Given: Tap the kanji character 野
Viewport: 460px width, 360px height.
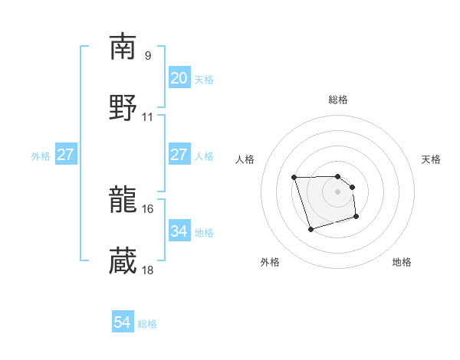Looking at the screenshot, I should click(x=123, y=107).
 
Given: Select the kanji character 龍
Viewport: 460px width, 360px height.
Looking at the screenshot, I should click(x=123, y=200).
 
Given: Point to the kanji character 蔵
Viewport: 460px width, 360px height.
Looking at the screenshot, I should click(x=123, y=261).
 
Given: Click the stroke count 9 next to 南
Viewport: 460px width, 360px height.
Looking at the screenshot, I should click(x=148, y=55).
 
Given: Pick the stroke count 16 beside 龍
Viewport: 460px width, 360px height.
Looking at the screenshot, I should click(x=148, y=208).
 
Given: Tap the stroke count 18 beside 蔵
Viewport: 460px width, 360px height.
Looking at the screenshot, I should click(x=148, y=270).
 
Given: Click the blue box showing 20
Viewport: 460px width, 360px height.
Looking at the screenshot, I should click(x=179, y=78).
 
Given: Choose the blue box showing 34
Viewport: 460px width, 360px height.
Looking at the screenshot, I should click(x=179, y=231).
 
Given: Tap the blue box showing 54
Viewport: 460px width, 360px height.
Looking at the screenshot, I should click(x=122, y=323).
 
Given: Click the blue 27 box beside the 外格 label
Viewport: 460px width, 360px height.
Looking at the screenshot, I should click(x=65, y=155).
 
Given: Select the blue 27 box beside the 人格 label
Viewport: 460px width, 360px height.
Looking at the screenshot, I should click(x=179, y=155).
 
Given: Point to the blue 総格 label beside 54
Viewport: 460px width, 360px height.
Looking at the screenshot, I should click(x=147, y=324).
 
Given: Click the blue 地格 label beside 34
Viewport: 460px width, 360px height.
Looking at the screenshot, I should click(x=204, y=232).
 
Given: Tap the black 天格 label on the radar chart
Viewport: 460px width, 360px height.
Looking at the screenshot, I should click(x=431, y=159).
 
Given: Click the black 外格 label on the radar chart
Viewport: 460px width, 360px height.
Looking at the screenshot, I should click(x=270, y=262).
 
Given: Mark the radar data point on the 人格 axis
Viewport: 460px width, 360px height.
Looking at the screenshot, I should click(x=294, y=178).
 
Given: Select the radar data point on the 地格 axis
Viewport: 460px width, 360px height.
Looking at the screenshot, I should click(x=356, y=218).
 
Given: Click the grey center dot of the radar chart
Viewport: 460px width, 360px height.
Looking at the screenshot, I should click(x=337, y=191).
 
